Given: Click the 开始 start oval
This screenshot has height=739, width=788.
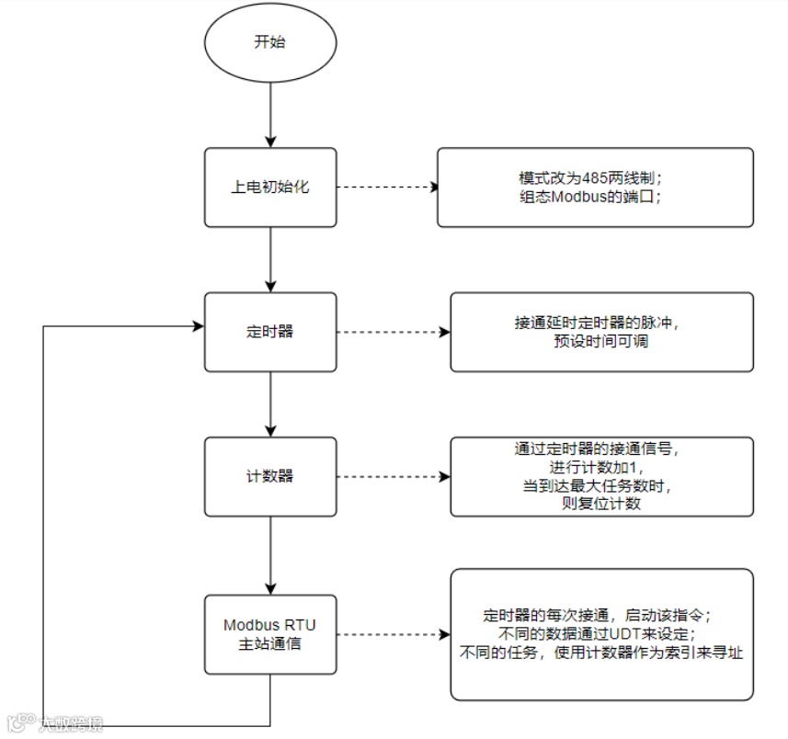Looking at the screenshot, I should tap(269, 42).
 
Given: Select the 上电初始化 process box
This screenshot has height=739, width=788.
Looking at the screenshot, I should tap(269, 187).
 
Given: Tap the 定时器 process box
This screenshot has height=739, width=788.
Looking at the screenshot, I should tap(269, 331).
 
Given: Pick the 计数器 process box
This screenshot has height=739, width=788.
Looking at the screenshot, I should tap(269, 476).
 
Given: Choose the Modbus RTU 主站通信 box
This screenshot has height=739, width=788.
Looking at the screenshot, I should tap(269, 634).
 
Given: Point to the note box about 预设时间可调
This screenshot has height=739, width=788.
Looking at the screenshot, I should tap(601, 332).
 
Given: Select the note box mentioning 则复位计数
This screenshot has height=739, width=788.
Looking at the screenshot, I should tap(601, 476).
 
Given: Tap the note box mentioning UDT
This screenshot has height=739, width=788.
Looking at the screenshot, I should tap(601, 634).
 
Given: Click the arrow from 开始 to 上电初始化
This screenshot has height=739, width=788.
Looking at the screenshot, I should tap(269, 110).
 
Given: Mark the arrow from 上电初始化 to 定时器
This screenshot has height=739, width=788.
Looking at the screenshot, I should tap(269, 259).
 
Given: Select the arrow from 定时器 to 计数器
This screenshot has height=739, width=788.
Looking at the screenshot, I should tap(269, 404).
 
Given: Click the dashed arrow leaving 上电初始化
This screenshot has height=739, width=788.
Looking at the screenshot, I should tap(385, 187).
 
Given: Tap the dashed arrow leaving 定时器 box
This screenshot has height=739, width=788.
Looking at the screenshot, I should tap(393, 332).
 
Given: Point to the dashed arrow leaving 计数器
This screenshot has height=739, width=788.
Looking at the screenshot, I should tap(393, 476).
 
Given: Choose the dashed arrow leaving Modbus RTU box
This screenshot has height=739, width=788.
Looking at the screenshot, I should tap(393, 634).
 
